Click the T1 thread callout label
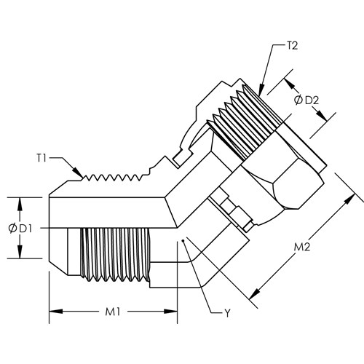[41, 159]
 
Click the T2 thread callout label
[292, 46]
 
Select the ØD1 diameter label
[20, 229]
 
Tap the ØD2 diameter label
[306, 100]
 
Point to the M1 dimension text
[113, 312]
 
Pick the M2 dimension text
[302, 248]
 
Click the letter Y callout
[227, 313]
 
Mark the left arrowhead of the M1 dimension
[56, 312]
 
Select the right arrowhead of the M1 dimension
[170, 312]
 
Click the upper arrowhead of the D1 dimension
[20, 204]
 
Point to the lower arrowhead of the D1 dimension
[20, 252]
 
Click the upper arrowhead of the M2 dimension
[349, 199]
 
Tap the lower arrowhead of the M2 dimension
[253, 294]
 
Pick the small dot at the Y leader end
[183, 241]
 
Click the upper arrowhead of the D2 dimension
[290, 84]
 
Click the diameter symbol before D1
[12, 229]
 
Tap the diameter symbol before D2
[298, 100]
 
